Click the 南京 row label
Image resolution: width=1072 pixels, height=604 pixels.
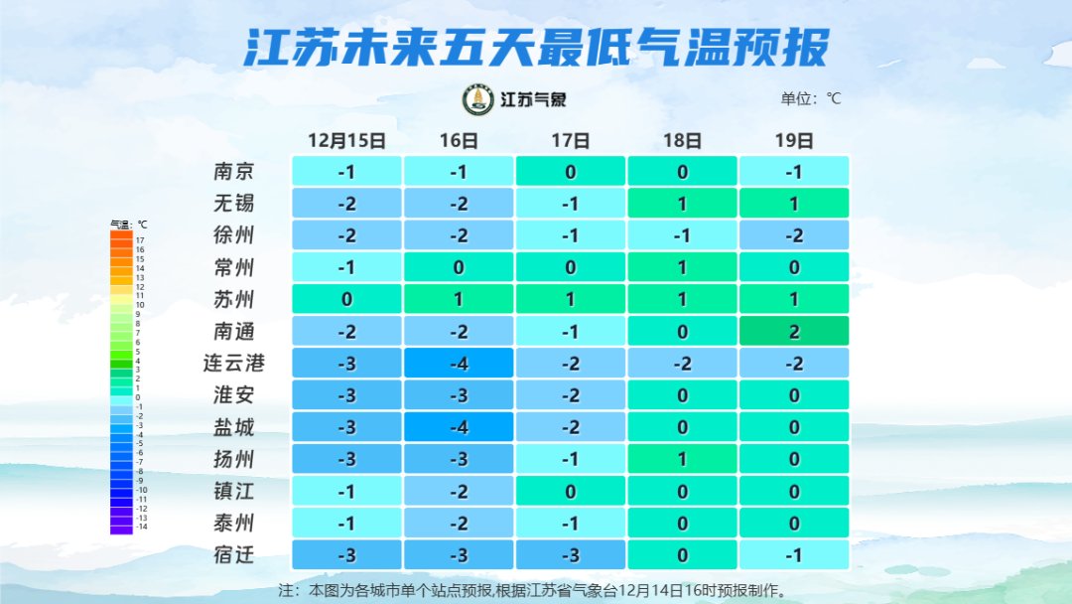coord(234,172)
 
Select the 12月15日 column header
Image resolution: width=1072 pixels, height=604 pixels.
coord(346,141)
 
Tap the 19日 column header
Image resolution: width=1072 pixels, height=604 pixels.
coord(794,141)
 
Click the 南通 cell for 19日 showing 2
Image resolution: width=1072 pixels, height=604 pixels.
coord(794,332)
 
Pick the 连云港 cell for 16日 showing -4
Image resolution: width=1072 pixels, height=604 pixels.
coord(459,364)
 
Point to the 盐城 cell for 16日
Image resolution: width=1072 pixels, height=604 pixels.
coord(459,427)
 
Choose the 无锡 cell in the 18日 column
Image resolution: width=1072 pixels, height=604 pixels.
coord(682,204)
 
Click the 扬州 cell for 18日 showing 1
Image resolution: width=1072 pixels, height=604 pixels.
coord(682,459)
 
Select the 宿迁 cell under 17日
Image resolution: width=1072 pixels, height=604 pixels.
coord(571,554)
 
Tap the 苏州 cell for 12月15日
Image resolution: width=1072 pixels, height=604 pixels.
coord(346,299)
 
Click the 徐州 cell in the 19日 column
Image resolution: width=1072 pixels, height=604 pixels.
coord(794,235)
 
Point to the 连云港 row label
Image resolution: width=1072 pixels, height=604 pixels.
coord(234,364)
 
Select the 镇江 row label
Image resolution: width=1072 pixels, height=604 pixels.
coord(234,491)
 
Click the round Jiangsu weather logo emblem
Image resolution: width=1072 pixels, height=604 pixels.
coord(478,99)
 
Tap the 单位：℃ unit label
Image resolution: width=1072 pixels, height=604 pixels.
coord(811,98)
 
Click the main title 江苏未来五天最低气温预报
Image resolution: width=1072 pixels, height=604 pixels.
coord(536,47)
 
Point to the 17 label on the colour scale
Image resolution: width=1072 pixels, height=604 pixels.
coord(140,240)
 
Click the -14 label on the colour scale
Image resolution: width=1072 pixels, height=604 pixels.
coord(141,527)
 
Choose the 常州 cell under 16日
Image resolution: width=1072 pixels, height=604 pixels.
coord(459,267)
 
